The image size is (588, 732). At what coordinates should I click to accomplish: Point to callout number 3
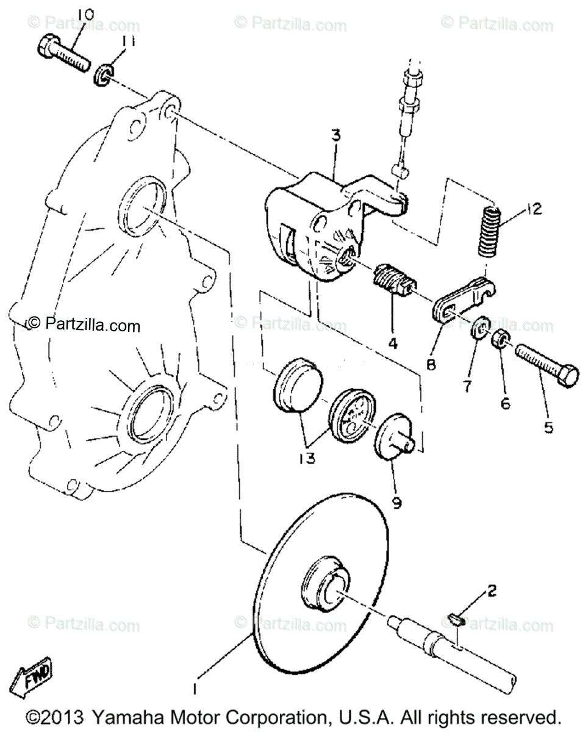335,137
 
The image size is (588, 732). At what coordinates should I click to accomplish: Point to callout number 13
307,457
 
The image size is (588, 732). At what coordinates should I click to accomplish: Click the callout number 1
195,689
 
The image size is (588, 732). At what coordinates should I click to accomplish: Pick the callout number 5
548,428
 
